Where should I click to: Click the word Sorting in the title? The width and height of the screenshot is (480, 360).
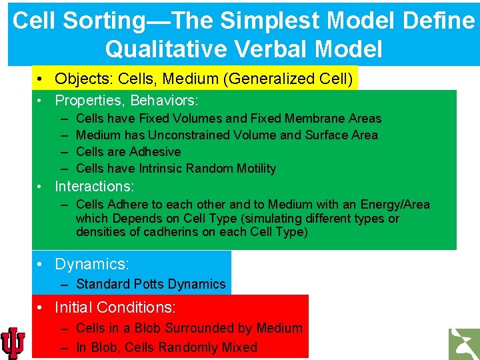[107, 21]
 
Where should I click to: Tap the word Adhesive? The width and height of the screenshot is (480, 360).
[154, 151]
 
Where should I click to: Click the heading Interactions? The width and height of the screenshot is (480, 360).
[94, 186]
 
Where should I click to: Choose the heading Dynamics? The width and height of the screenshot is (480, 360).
[91, 264]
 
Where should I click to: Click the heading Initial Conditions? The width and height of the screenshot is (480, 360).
[115, 307]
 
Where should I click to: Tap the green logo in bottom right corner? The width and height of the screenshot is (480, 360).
[463, 343]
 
